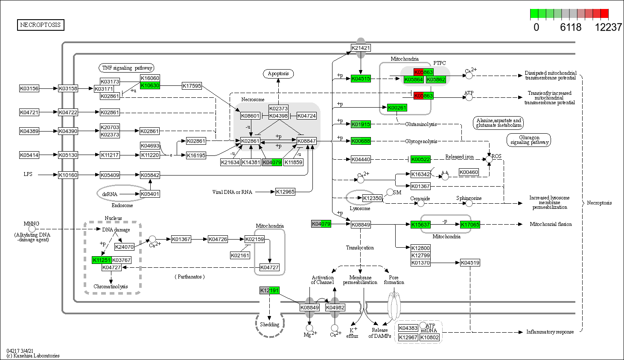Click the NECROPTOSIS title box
click(41, 25)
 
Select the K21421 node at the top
click(361, 48)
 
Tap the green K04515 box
click(361, 79)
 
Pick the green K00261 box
click(397, 108)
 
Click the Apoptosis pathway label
click(278, 73)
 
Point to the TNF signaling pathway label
click(127, 68)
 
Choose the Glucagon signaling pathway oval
click(529, 140)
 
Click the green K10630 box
click(150, 86)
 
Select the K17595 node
click(192, 86)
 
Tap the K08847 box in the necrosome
click(307, 141)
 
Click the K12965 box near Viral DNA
click(285, 192)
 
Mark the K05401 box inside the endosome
click(150, 194)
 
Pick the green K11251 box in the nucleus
click(102, 260)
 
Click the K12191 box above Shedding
click(269, 290)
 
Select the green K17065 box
click(470, 225)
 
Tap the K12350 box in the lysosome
click(372, 198)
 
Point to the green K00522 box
click(420, 159)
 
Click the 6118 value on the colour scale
click(571, 27)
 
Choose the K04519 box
click(470, 263)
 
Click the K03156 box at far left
click(29, 88)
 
